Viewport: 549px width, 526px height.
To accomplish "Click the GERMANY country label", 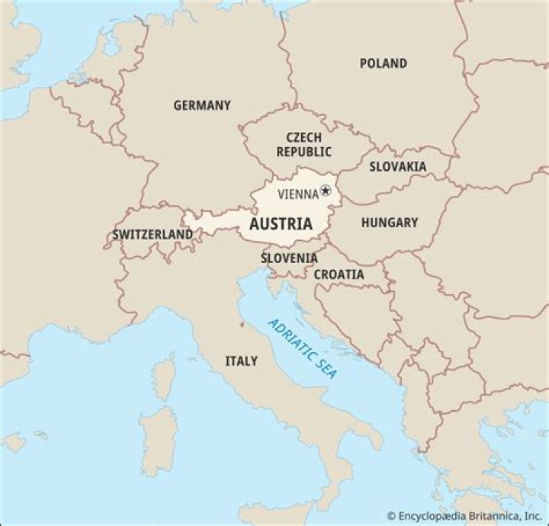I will click(x=201, y=106).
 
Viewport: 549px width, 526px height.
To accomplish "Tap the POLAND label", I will click(x=383, y=63).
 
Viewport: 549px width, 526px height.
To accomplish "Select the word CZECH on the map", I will click(x=303, y=137).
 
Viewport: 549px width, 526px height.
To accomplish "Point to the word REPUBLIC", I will click(x=303, y=152).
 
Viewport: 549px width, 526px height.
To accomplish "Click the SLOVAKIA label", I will click(x=398, y=166).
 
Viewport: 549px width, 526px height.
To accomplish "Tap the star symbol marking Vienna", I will click(x=326, y=191).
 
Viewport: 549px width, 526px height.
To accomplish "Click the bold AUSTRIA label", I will click(x=281, y=224).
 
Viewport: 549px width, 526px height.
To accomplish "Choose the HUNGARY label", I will click(x=389, y=223).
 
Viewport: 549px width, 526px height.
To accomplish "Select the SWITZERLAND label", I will click(x=152, y=235).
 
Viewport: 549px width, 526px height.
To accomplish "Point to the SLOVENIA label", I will click(x=289, y=258).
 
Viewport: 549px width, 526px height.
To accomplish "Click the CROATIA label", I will click(x=339, y=274).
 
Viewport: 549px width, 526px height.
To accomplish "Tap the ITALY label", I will click(x=241, y=361).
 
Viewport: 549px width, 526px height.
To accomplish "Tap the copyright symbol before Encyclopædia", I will click(x=390, y=515).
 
